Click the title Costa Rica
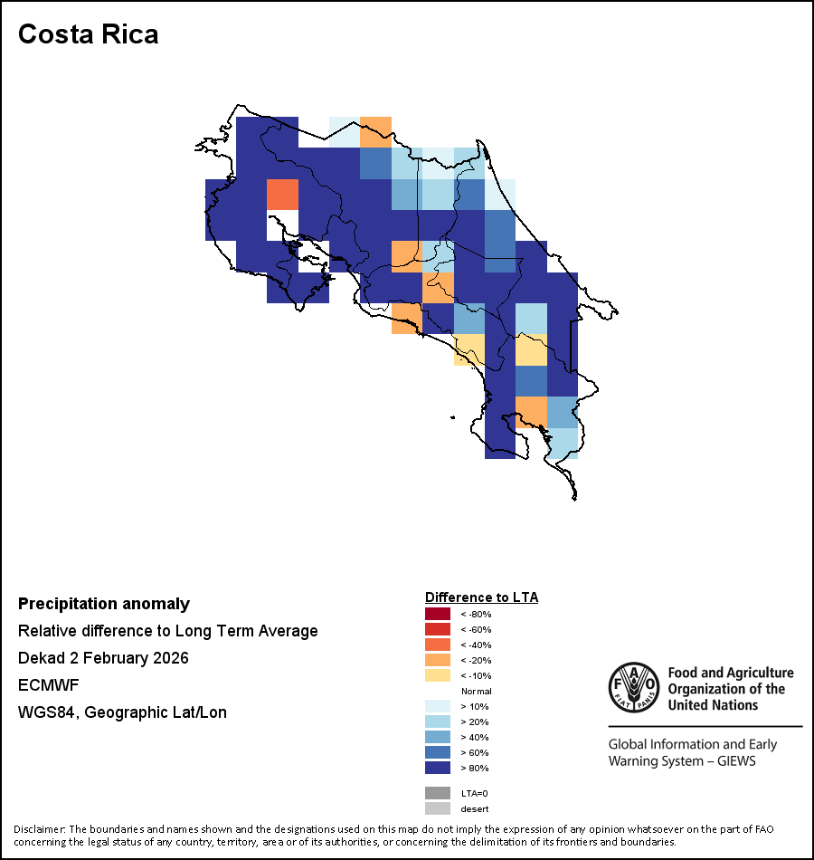click(89, 34)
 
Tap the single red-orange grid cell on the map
click(282, 195)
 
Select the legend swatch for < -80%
click(437, 615)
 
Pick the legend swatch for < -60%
click(437, 630)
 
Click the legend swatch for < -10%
click(437, 675)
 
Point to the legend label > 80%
click(475, 769)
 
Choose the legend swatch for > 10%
click(437, 706)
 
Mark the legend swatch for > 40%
click(437, 737)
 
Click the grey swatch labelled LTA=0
click(437, 793)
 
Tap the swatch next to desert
click(437, 808)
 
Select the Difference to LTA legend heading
click(481, 597)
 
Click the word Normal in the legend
click(476, 691)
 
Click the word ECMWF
click(46, 685)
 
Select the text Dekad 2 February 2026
click(103, 658)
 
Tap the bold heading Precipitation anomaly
click(104, 604)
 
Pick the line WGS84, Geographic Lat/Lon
click(122, 712)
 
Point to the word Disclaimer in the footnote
click(39, 829)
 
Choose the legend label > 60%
click(475, 753)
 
